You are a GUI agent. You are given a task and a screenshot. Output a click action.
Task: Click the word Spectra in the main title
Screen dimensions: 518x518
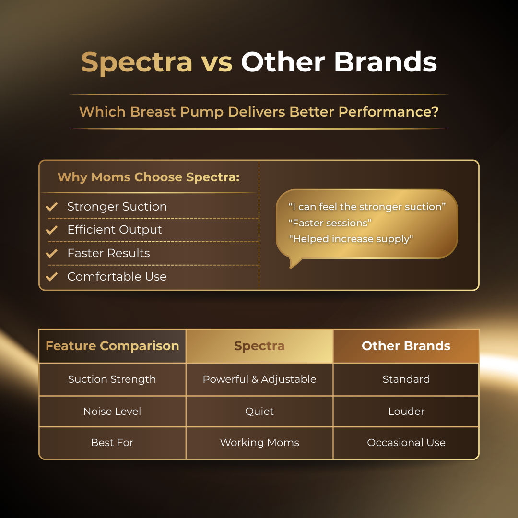coord(136,62)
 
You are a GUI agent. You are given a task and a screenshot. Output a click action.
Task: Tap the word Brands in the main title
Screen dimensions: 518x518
coord(386,61)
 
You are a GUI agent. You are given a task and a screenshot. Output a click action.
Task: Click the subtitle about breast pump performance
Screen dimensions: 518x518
coord(259,112)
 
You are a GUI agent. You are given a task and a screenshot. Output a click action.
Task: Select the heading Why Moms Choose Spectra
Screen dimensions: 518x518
coord(148,177)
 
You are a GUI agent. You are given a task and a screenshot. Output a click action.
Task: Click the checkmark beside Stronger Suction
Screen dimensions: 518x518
coord(51,206)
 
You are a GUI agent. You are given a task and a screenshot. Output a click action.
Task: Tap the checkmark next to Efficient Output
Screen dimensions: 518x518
coord(51,230)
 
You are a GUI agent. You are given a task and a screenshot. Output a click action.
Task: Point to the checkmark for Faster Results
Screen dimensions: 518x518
coord(51,253)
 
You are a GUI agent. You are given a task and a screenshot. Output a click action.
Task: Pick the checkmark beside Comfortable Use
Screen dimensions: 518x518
coord(51,277)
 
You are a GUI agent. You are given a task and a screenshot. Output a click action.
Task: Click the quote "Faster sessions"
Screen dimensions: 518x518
coord(330,223)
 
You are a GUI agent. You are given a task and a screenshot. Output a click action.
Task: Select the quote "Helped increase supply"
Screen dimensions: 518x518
coord(351,239)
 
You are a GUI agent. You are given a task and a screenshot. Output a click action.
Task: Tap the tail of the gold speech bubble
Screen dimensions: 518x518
coord(294,263)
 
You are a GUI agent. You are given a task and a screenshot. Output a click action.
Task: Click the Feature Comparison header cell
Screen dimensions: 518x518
coord(112,346)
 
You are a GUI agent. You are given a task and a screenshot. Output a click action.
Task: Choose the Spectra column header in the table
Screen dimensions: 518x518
coord(259,346)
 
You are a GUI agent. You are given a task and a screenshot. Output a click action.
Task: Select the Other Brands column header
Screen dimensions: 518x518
coord(406,346)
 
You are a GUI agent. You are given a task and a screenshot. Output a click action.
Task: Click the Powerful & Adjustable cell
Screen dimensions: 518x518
coord(259,379)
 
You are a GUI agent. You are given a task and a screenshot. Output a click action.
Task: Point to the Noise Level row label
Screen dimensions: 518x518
coord(112,412)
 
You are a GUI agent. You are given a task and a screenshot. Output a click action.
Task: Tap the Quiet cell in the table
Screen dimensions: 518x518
coord(259,412)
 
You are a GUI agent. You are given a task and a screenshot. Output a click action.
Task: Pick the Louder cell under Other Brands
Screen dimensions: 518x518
coord(406,412)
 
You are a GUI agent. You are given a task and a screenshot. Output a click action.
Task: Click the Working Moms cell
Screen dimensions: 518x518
coord(259,443)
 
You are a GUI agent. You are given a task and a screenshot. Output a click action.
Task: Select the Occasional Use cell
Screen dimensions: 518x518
coord(406,443)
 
